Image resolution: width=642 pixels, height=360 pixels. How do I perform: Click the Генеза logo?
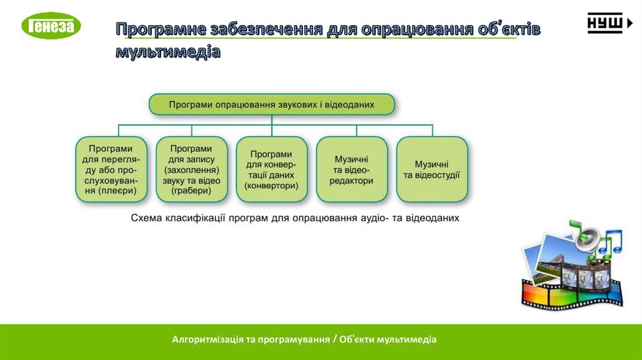51,26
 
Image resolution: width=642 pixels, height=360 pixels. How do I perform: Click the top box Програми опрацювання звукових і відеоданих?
271,104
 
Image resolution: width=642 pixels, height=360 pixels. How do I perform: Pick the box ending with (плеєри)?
110,169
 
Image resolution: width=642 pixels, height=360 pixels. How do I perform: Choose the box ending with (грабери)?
191,169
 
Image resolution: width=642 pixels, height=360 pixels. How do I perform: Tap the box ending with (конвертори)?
271,169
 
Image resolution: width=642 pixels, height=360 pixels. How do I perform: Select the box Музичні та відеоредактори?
352,169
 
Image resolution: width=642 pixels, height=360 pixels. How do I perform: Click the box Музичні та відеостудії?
432,169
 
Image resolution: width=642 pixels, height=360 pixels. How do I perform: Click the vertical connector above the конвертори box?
271,130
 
